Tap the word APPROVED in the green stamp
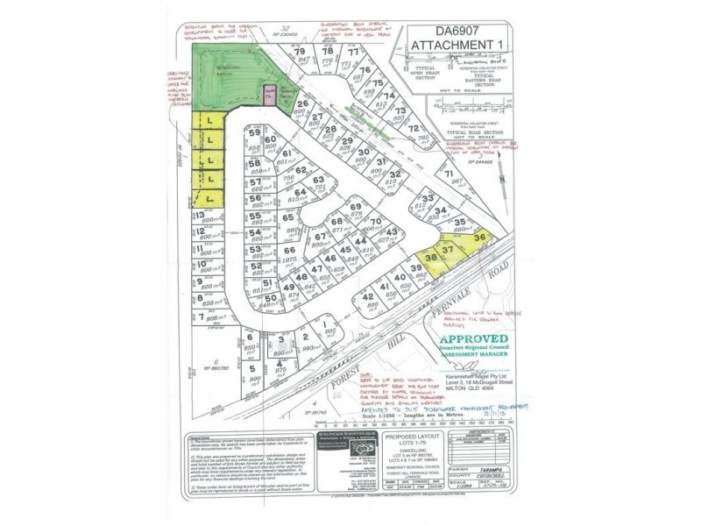pyautogui.click(x=476, y=340)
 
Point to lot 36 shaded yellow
pyautogui.click(x=478, y=237)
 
